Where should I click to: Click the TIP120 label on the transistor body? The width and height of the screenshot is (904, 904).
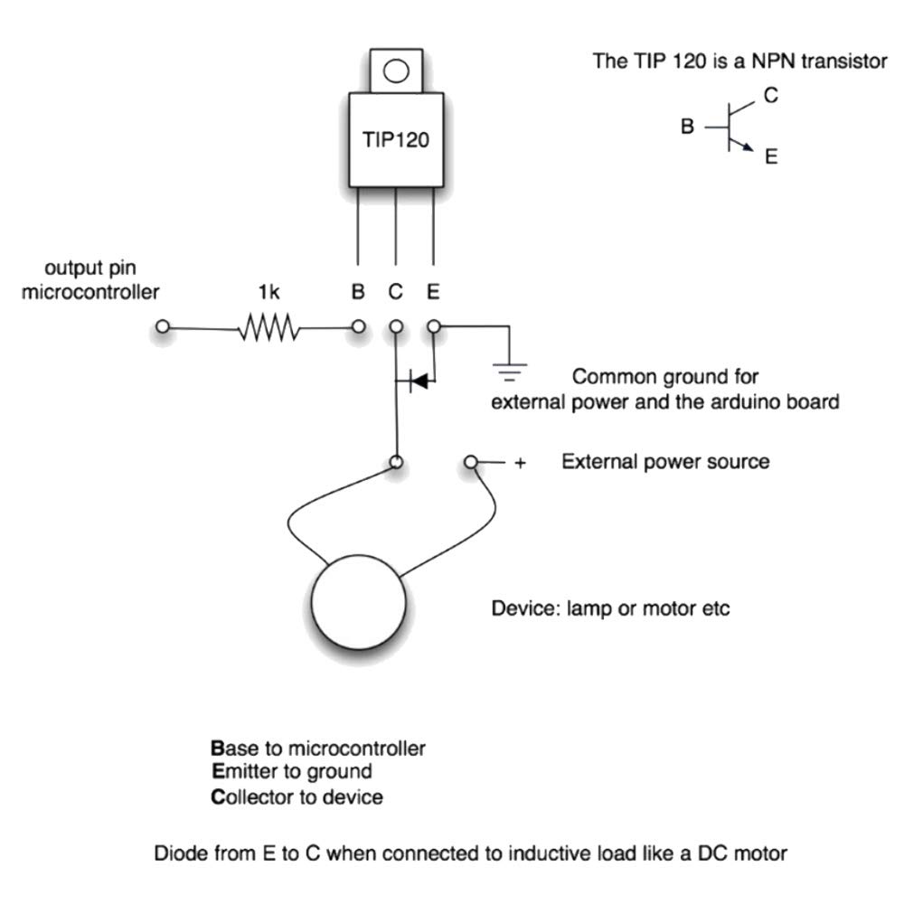click(396, 139)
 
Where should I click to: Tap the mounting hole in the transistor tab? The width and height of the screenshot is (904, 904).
click(396, 71)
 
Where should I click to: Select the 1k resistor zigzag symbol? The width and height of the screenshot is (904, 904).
click(269, 327)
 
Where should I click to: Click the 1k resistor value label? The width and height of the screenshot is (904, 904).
click(268, 292)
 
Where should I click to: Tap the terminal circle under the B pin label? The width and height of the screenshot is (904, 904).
click(358, 327)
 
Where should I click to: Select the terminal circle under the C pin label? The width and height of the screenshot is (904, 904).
click(396, 327)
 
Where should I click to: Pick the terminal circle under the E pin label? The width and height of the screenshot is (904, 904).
click(434, 327)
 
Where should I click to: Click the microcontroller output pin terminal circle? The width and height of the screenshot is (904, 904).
click(163, 327)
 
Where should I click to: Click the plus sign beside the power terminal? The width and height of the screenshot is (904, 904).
click(520, 463)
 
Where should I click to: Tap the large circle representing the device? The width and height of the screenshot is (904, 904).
click(358, 602)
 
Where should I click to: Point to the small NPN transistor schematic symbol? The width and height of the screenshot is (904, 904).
click(730, 127)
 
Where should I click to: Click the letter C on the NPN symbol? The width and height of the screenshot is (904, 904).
click(771, 95)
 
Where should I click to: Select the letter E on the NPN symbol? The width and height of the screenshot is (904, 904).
click(771, 156)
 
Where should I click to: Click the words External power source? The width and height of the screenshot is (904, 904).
click(665, 462)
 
